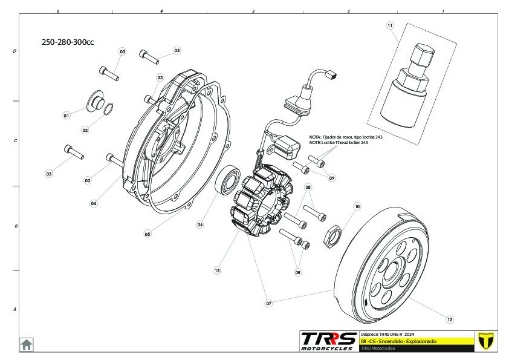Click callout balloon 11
[x=390, y=25]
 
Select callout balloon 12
[x=449, y=319]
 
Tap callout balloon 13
[x=217, y=270]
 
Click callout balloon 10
[x=357, y=207]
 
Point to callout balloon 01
[x=66, y=115]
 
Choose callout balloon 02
[x=85, y=130]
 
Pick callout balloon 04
[x=94, y=204]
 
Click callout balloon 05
[x=147, y=233]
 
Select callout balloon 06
[x=199, y=224]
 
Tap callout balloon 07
[x=269, y=301]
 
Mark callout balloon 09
[x=331, y=178]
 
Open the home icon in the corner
[x=27, y=344]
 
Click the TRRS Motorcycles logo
[x=329, y=341]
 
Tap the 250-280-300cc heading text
[x=68, y=42]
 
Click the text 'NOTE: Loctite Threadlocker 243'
[x=338, y=143]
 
